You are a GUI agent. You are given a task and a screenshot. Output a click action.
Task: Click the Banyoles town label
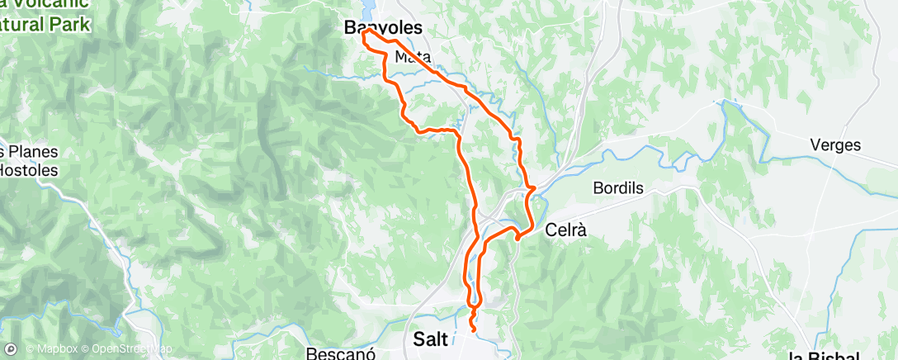(383, 28)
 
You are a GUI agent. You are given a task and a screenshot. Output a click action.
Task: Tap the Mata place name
(414, 57)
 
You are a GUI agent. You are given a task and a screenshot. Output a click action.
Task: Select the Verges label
(835, 145)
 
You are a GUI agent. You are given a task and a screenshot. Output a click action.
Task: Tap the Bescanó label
(334, 353)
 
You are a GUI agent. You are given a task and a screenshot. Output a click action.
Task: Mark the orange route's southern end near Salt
(474, 330)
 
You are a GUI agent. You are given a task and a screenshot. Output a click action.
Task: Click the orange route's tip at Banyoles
(363, 34)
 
